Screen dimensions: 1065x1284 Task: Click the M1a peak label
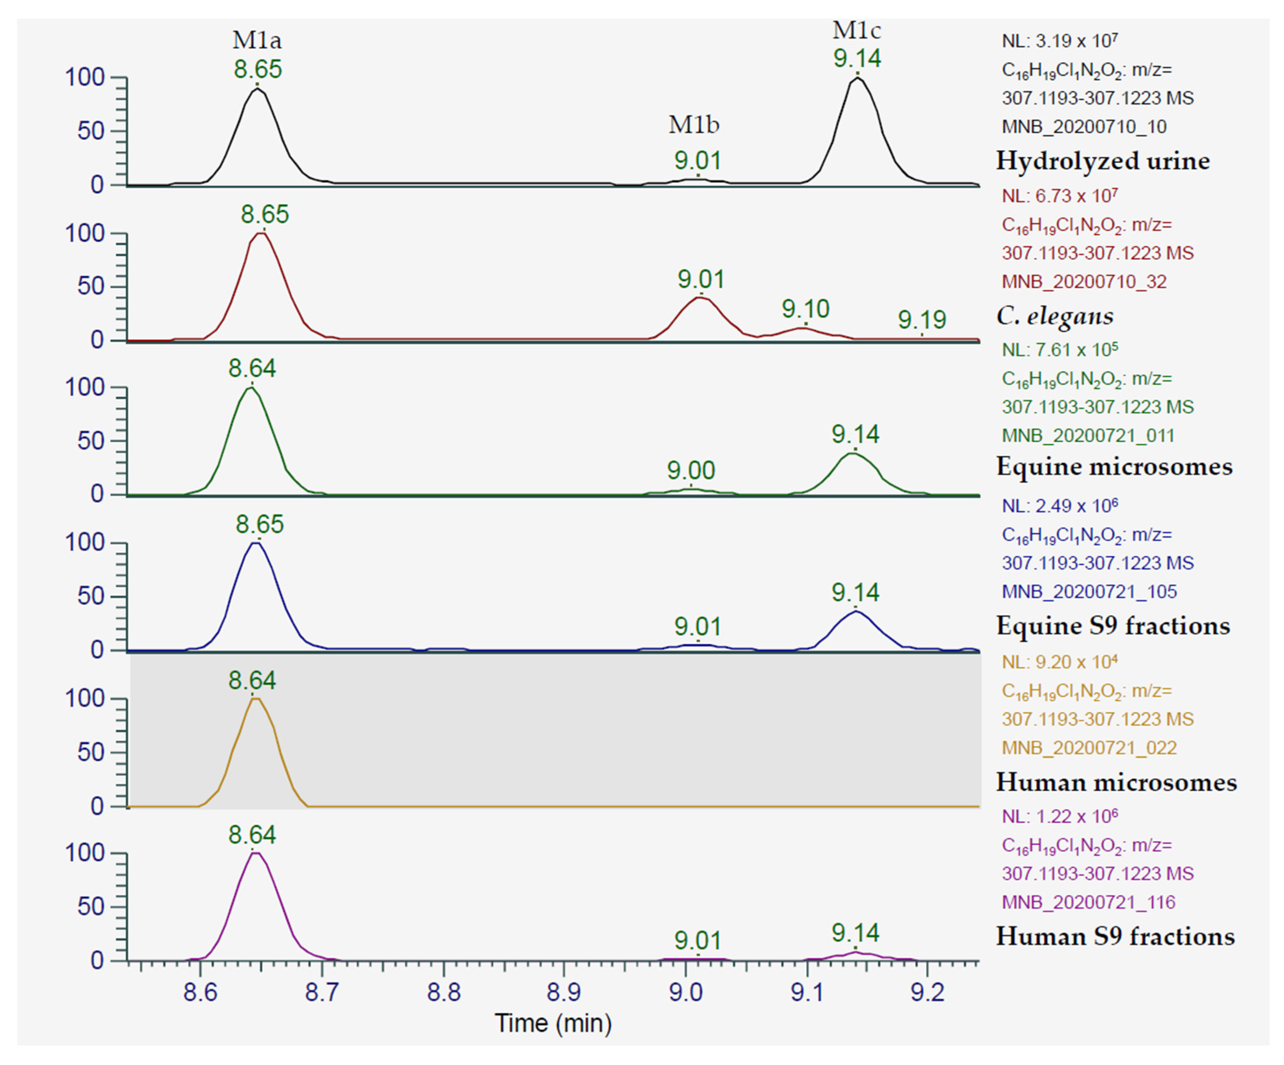pyautogui.click(x=257, y=41)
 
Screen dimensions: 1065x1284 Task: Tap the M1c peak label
pyautogui.click(x=857, y=30)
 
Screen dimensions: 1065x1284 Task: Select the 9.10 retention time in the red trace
pyautogui.click(x=805, y=309)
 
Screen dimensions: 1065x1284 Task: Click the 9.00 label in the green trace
pyautogui.click(x=691, y=471)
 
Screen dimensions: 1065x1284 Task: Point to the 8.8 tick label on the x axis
pyautogui.click(x=443, y=992)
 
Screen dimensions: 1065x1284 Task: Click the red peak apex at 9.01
pyautogui.click(x=699, y=297)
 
